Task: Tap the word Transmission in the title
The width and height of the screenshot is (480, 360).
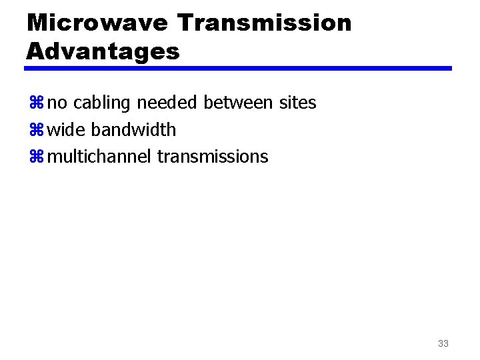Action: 265,23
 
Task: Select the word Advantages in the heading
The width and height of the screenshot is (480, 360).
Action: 103,51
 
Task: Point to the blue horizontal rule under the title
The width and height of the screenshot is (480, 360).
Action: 239,68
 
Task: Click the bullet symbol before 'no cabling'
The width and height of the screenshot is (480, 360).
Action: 36,103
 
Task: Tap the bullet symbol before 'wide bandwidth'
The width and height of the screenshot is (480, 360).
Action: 36,130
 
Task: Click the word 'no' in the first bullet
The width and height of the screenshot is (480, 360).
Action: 58,103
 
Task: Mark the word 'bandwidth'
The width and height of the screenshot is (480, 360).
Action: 133,129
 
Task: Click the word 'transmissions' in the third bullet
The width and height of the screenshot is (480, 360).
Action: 213,157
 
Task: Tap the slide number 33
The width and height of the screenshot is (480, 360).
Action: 443,344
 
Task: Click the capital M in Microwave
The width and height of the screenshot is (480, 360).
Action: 37,23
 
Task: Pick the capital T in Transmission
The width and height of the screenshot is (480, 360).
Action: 186,23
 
